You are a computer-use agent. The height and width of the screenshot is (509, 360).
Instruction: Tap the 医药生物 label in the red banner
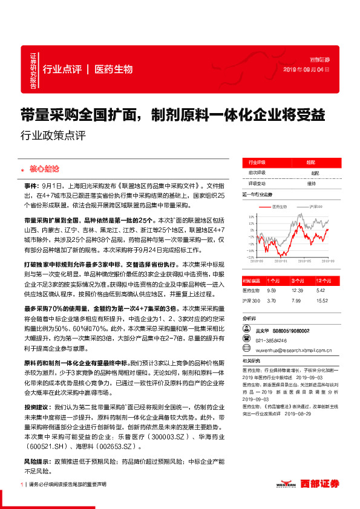(x=114, y=69)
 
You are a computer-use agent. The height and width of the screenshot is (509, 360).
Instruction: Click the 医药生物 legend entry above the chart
(x=280, y=207)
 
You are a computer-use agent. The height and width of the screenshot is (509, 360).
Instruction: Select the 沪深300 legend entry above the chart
(x=317, y=207)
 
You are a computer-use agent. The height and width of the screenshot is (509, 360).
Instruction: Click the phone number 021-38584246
(x=273, y=340)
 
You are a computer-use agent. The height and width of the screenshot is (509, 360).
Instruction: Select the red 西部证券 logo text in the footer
(x=321, y=484)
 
